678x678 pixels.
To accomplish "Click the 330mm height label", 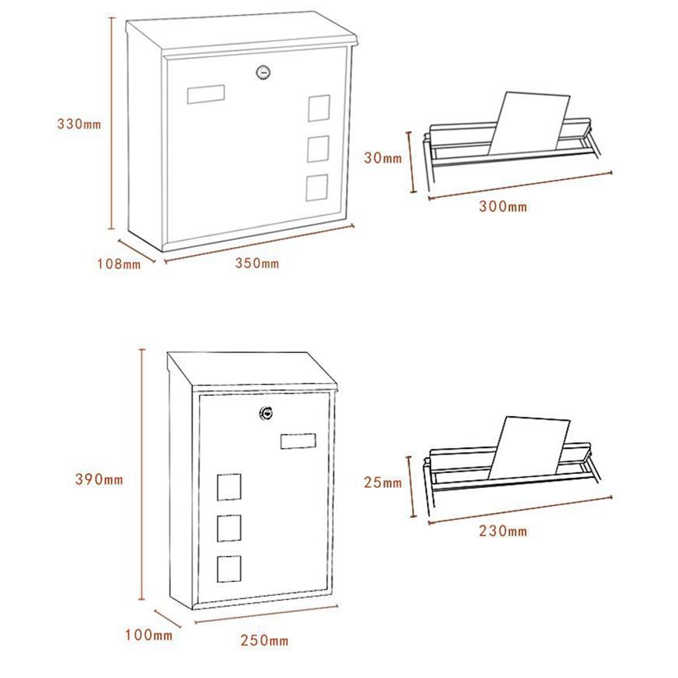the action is pyautogui.click(x=79, y=124).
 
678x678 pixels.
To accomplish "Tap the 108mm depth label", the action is pyautogui.click(x=119, y=264).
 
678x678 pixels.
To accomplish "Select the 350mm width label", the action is pyautogui.click(x=257, y=263).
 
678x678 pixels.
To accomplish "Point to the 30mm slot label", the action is pyautogui.click(x=383, y=158).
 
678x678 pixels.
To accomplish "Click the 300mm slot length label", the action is pyautogui.click(x=503, y=206).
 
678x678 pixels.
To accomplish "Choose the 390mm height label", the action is pyautogui.click(x=99, y=479).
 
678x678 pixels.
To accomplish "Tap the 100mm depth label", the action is pyautogui.click(x=149, y=635).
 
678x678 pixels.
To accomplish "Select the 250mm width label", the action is pyautogui.click(x=264, y=640).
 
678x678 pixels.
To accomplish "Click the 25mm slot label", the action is pyautogui.click(x=383, y=482).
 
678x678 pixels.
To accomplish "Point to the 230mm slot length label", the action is pyautogui.click(x=503, y=530).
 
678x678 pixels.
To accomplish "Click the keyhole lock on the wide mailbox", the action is pyautogui.click(x=264, y=72).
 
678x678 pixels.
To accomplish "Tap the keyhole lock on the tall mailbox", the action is pyautogui.click(x=267, y=414).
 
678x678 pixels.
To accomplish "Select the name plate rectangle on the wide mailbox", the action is pyautogui.click(x=206, y=95).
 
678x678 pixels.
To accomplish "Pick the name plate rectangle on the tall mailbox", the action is pyautogui.click(x=298, y=441).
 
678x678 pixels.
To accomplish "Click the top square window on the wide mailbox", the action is pyautogui.click(x=319, y=108).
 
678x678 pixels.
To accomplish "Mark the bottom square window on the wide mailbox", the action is pyautogui.click(x=317, y=188).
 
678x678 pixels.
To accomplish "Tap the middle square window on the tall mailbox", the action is pyautogui.click(x=229, y=528).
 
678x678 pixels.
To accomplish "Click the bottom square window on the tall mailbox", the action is pyautogui.click(x=229, y=569).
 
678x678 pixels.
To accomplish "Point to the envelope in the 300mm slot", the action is pyautogui.click(x=529, y=124).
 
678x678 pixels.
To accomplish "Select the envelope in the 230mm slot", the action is pyautogui.click(x=529, y=448).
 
